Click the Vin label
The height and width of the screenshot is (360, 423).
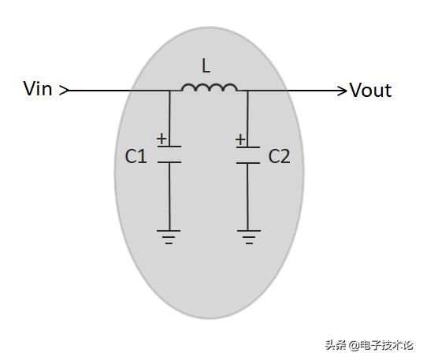click(x=38, y=88)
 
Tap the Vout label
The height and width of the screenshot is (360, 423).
click(x=371, y=90)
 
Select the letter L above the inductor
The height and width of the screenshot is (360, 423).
click(x=206, y=66)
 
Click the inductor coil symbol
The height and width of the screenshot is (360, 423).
click(x=210, y=87)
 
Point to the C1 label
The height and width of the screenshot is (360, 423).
click(x=136, y=156)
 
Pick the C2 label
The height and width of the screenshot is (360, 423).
click(x=279, y=156)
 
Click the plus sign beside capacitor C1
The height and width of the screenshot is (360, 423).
click(x=161, y=139)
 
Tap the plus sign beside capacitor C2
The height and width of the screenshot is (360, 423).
click(x=240, y=139)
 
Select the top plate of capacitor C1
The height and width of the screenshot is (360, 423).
click(x=169, y=147)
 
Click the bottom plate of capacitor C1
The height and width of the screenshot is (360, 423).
click(x=169, y=162)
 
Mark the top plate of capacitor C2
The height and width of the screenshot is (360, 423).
click(x=248, y=147)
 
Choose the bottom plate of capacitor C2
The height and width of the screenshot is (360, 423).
click(x=248, y=163)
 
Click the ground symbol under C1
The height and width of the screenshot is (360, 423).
click(x=169, y=237)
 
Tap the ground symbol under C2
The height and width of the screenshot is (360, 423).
click(x=249, y=237)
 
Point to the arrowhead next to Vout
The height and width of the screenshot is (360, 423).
click(x=343, y=91)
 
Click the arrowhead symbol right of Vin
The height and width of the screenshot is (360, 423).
click(x=65, y=91)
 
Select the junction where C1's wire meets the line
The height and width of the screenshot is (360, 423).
click(x=169, y=91)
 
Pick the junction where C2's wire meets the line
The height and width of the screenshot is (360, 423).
click(x=247, y=91)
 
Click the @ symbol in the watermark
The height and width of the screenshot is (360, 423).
click(x=354, y=345)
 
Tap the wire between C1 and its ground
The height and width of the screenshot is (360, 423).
click(x=169, y=196)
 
